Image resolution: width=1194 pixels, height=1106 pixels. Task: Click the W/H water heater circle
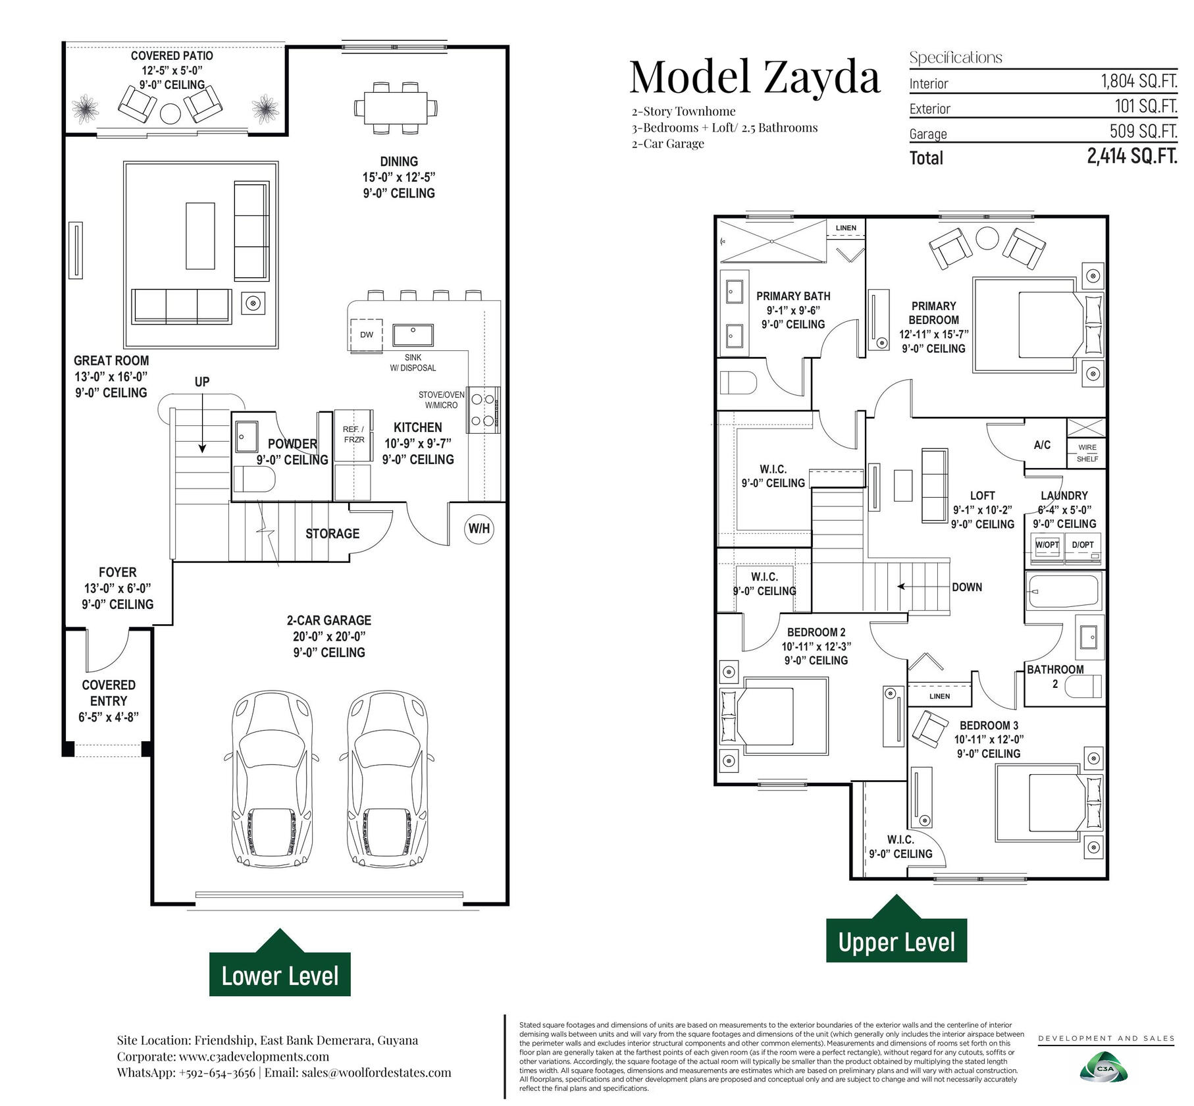tap(479, 529)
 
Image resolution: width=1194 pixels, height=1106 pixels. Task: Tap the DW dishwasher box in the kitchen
tap(366, 334)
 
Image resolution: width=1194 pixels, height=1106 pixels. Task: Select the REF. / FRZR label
tap(353, 434)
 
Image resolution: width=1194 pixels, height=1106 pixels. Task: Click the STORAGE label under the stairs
tap(332, 533)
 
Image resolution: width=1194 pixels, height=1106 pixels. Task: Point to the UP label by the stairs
tap(202, 382)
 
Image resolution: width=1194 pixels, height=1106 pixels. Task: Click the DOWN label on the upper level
tap(967, 587)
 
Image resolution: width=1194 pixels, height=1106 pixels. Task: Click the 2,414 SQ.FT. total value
tap(1132, 156)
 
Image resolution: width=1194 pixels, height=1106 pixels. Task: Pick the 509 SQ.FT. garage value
tap(1143, 131)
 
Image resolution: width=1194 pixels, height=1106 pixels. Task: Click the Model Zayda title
tap(754, 78)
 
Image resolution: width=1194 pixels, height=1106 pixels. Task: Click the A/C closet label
tap(1042, 445)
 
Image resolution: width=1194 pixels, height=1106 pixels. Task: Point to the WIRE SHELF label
tap(1087, 453)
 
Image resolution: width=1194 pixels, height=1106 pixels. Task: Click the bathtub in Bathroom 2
tap(1064, 591)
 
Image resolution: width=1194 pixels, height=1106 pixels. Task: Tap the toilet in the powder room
tap(255, 479)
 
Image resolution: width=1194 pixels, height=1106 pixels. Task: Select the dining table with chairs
tap(396, 107)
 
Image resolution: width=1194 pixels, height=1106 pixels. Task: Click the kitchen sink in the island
tap(413, 334)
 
